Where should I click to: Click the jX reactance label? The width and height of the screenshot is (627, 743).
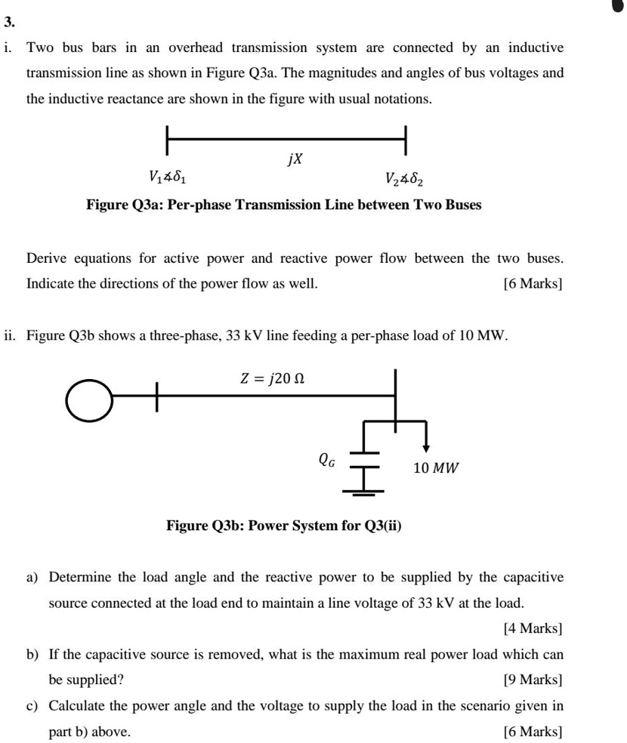coord(295,159)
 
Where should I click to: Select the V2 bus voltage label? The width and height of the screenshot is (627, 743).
coord(405,179)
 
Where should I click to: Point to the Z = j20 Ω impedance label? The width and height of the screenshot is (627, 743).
coord(272,378)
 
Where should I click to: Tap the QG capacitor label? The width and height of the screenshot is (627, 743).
coord(328,458)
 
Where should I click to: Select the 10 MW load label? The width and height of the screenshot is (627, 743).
coord(436,468)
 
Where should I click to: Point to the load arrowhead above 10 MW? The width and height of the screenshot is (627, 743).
coord(426,448)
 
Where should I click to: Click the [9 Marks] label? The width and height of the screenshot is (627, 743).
coord(533,680)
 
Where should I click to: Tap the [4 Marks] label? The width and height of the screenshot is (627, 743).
coord(533,627)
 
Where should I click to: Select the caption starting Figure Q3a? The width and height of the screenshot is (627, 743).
coord(283,205)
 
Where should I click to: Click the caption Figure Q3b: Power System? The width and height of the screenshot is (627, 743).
coord(284,525)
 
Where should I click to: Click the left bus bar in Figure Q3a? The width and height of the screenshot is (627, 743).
coord(168,140)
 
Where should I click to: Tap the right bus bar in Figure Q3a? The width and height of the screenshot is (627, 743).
coord(406,140)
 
